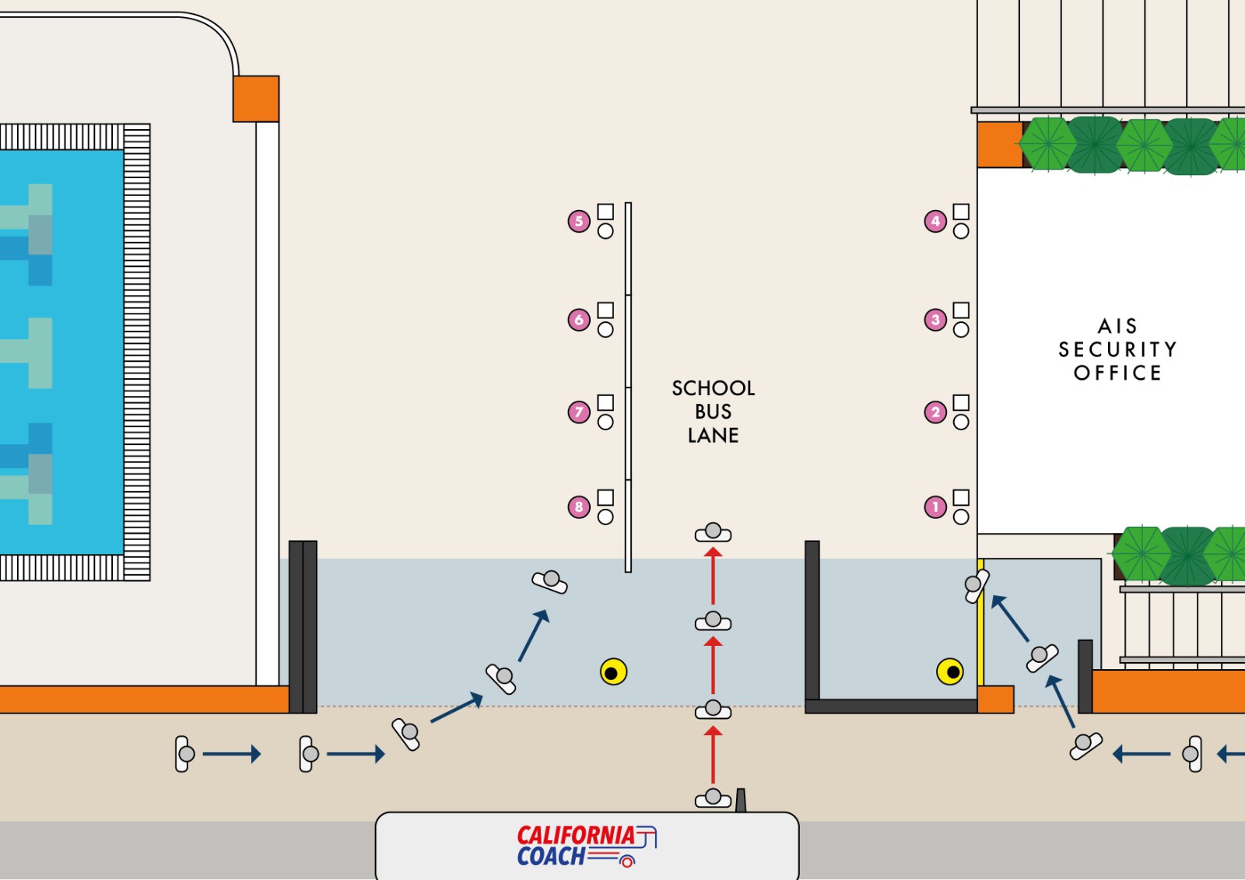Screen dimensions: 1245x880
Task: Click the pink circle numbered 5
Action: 579,221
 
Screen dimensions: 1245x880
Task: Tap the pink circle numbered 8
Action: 579,507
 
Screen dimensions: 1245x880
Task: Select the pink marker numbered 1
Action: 935,507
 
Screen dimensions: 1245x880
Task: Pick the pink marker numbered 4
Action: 935,221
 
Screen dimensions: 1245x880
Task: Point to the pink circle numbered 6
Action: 579,320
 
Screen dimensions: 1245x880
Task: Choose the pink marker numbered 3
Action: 935,320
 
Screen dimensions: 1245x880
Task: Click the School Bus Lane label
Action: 713,412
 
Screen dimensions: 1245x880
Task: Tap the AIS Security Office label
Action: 1117,349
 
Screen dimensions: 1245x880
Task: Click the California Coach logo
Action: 587,846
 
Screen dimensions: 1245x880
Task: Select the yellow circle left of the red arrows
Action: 614,672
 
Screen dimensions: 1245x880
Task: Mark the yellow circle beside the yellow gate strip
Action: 950,671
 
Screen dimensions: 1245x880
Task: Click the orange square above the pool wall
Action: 256,99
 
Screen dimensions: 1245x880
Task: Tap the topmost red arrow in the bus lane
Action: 713,575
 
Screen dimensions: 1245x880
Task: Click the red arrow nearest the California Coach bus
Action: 713,755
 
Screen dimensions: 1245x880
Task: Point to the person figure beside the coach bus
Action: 713,798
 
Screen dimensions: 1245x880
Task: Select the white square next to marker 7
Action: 605,402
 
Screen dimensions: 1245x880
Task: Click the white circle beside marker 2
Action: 961,422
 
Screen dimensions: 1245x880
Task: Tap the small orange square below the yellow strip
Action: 995,699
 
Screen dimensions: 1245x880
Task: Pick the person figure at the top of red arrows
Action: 713,532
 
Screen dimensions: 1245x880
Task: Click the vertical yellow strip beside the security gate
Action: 980,622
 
